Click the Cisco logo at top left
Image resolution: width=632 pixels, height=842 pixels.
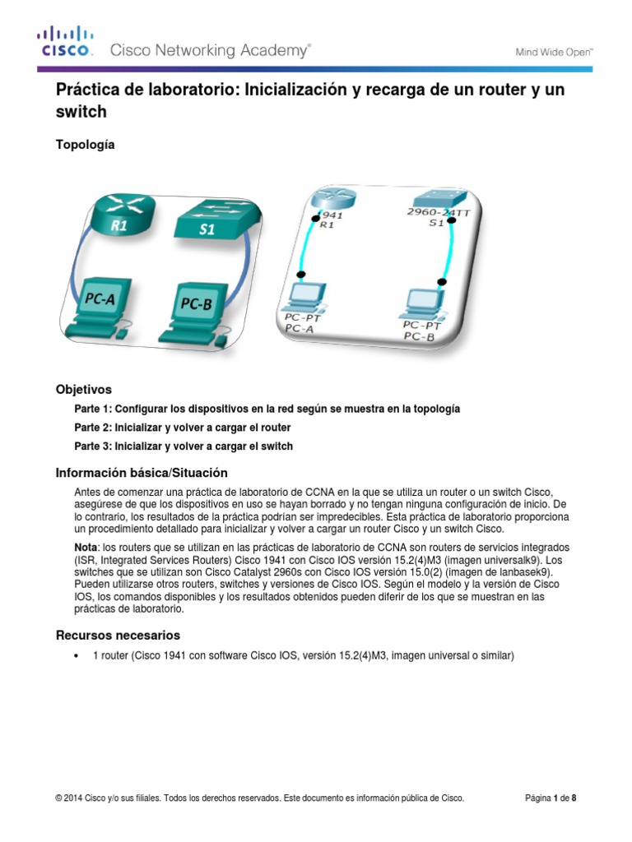[x=65, y=43]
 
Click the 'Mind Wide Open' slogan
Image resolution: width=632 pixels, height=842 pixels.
[x=554, y=52]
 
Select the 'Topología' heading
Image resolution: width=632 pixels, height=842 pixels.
[x=85, y=145]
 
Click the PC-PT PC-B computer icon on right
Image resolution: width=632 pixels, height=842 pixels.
[x=422, y=303]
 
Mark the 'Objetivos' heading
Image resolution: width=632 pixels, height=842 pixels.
[x=83, y=389]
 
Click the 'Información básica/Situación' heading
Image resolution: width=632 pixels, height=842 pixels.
[x=141, y=473]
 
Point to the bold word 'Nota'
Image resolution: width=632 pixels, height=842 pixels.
[x=87, y=548]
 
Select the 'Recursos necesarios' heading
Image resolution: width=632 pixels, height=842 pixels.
[x=118, y=636]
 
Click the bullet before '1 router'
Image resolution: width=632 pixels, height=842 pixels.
[x=77, y=656]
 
